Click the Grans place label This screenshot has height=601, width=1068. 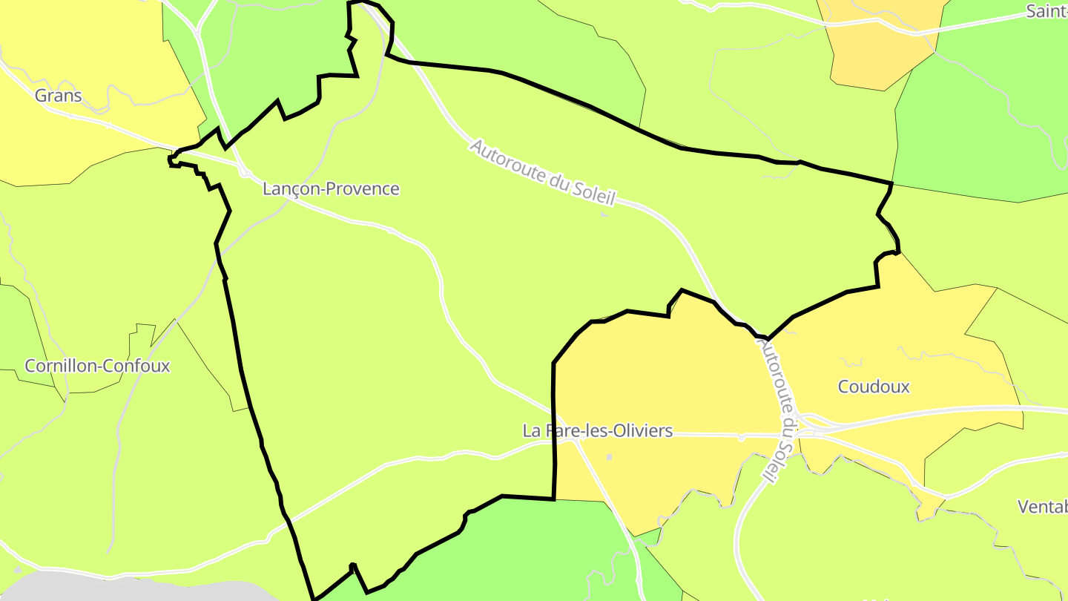click(58, 96)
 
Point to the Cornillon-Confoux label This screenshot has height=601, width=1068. click(97, 366)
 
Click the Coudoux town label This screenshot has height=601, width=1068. click(873, 387)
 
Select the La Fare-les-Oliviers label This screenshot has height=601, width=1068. click(597, 430)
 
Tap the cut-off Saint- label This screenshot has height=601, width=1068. click(1046, 11)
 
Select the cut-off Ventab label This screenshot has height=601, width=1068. click(1042, 507)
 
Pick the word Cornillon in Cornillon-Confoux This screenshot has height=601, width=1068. click(59, 366)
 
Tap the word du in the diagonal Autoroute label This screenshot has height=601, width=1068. click(561, 180)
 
